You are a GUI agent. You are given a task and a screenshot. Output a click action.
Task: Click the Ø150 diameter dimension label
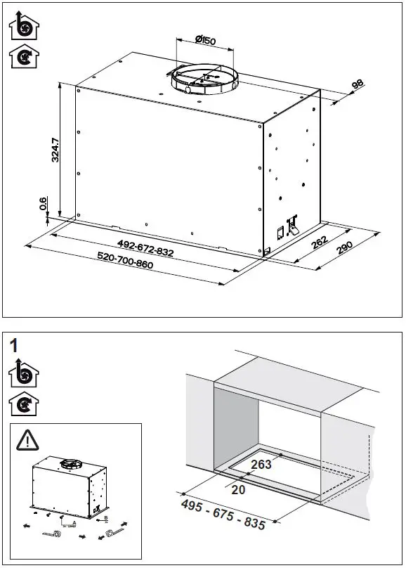tap(205, 41)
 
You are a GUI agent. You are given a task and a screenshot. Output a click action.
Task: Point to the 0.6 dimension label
tap(44, 205)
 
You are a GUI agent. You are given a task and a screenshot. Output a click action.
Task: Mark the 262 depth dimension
tap(320, 243)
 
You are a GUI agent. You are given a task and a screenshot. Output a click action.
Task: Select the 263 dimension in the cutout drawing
tap(261, 465)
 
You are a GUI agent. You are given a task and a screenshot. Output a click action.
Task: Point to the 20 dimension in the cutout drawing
tap(238, 490)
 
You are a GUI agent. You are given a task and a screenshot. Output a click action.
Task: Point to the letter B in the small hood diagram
tap(105, 518)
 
